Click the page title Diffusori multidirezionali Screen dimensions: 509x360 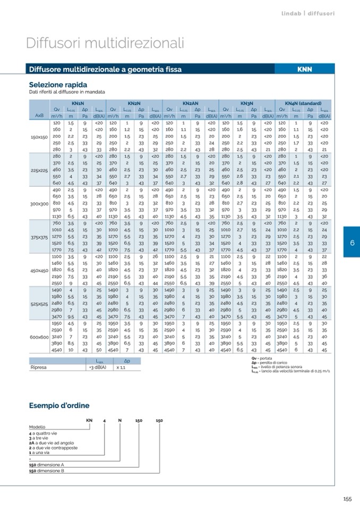(x=105, y=42)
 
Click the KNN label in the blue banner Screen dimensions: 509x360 (x=304, y=70)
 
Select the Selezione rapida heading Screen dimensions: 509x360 (x=58, y=85)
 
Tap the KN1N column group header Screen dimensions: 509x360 (x=78, y=103)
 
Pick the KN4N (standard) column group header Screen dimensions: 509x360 (x=302, y=103)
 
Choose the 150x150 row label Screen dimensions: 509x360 (x=39, y=136)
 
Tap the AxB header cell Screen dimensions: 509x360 (x=39, y=116)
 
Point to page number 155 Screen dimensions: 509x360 (x=347, y=498)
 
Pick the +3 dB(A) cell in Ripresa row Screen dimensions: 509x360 (x=98, y=367)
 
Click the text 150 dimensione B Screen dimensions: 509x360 (x=47, y=471)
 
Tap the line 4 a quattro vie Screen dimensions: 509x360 (x=44, y=433)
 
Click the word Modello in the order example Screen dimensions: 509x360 (x=37, y=426)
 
